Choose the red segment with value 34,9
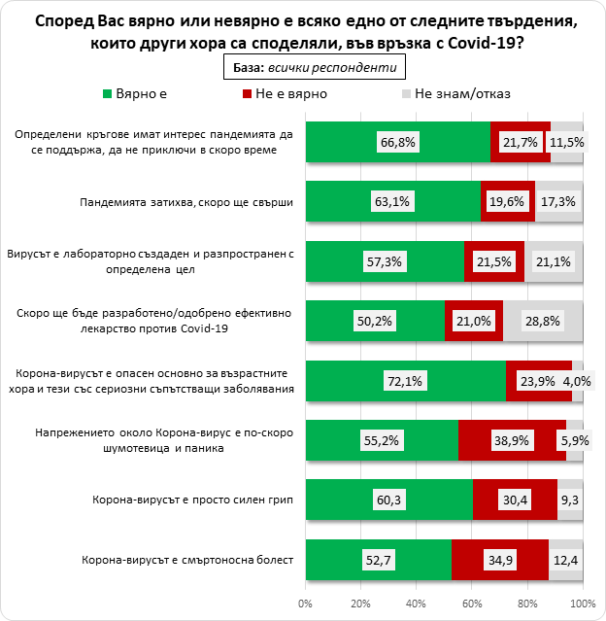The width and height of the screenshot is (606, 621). pos(500,560)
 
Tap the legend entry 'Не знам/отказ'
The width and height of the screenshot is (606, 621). pos(461,94)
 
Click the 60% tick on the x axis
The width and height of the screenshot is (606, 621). pos(472,607)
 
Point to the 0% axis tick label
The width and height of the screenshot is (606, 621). pos(305,607)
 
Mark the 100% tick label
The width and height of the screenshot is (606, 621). pos(582,607)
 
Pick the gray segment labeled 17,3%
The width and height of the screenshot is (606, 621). pos(559,202)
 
